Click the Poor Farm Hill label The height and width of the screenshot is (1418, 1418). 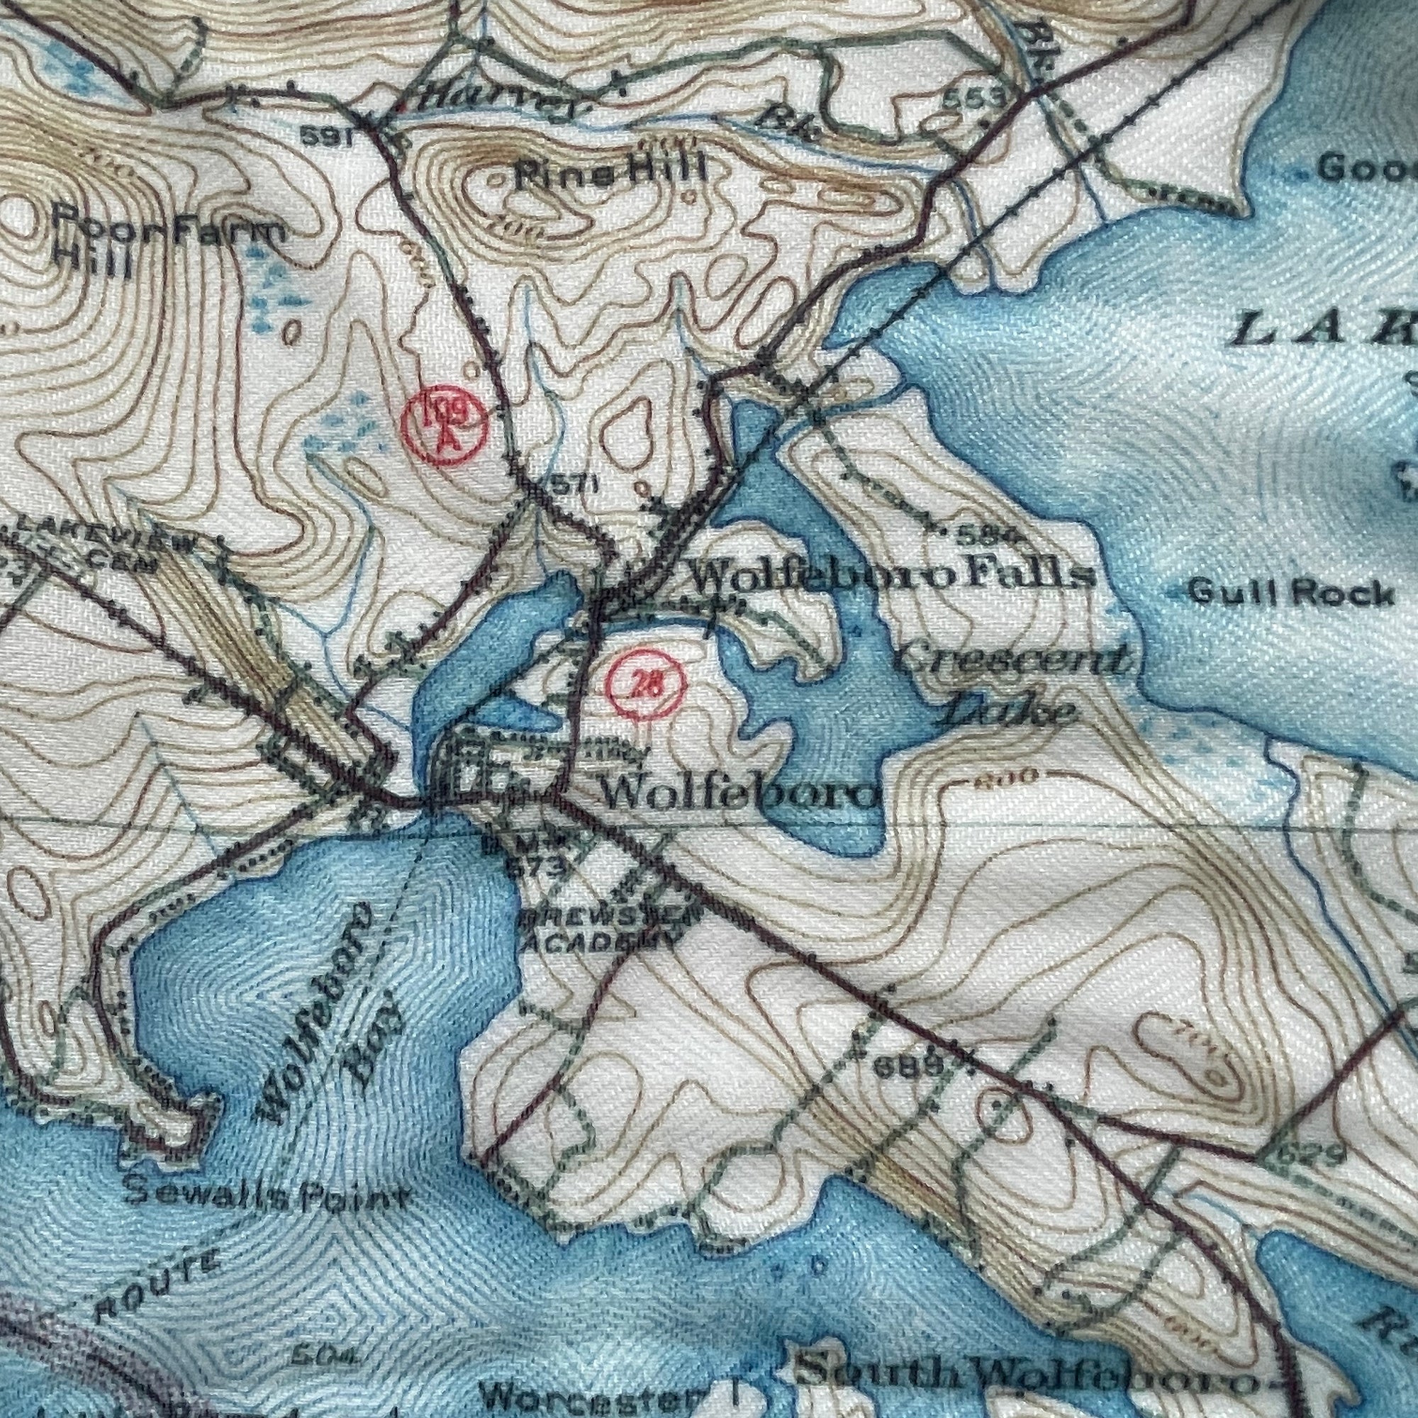click(168, 246)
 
